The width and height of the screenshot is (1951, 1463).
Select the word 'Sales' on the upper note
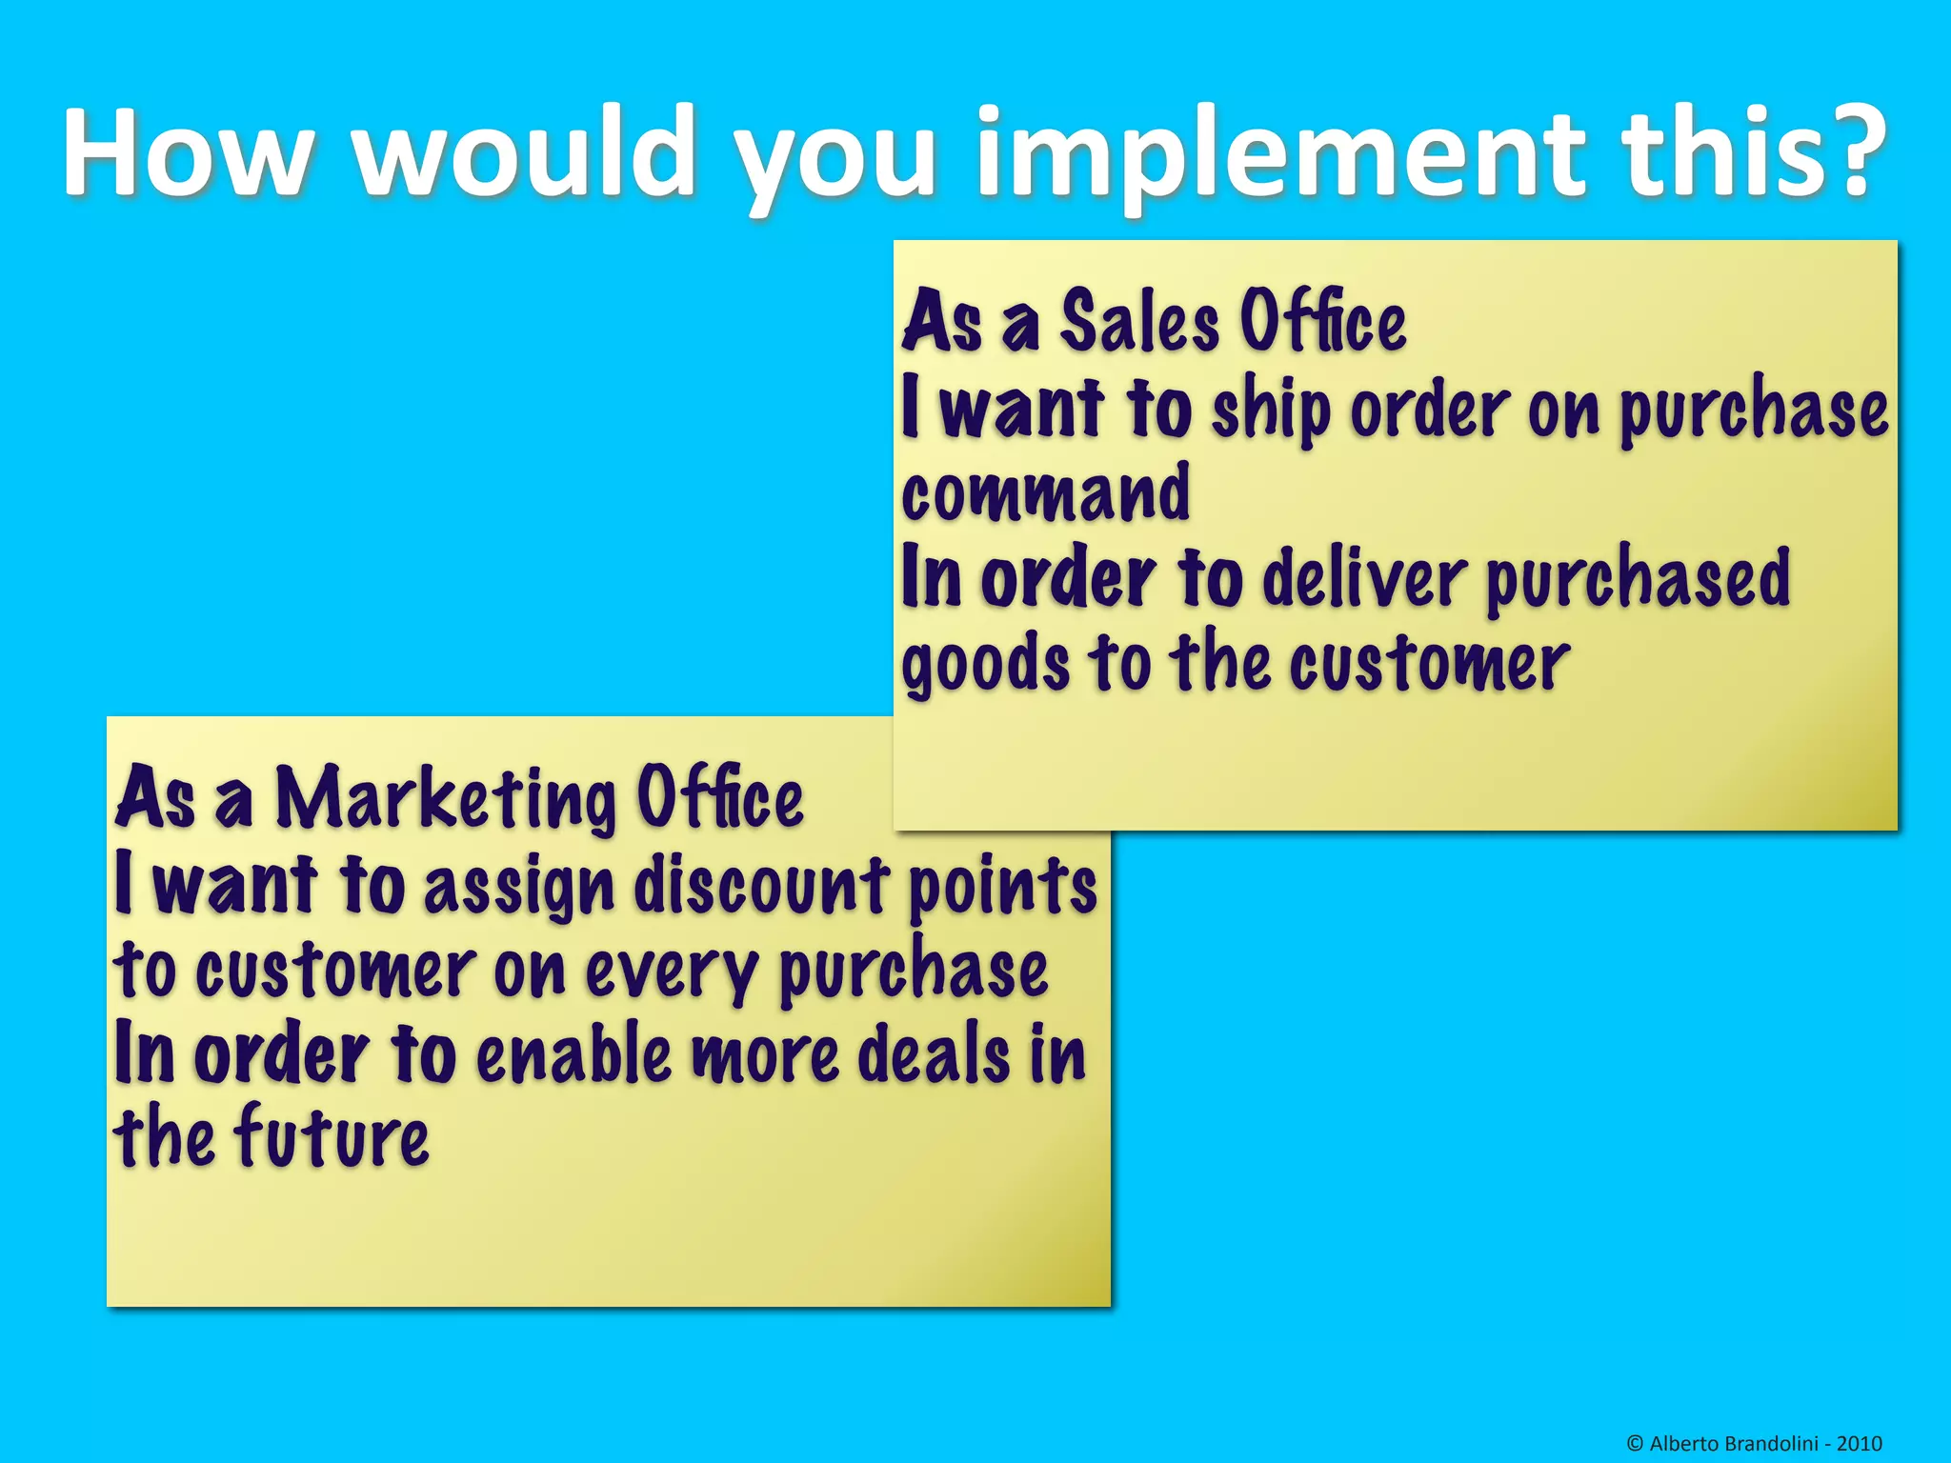pyautogui.click(x=1139, y=322)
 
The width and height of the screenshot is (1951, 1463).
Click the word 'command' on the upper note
pyautogui.click(x=1045, y=492)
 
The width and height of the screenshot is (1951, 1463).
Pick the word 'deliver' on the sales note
pyautogui.click(x=1363, y=579)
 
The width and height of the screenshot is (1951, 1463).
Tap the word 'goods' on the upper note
pyautogui.click(x=986, y=665)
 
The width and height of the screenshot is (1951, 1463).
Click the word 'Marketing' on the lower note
pyautogui.click(x=446, y=798)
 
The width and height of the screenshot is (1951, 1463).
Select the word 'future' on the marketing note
pyautogui.click(x=332, y=1137)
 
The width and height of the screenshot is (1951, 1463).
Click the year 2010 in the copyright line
pyautogui.click(x=1859, y=1443)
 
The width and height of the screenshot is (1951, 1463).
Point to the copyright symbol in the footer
pyautogui.click(x=1635, y=1444)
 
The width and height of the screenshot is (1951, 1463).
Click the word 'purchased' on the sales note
pyautogui.click(x=1637, y=579)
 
